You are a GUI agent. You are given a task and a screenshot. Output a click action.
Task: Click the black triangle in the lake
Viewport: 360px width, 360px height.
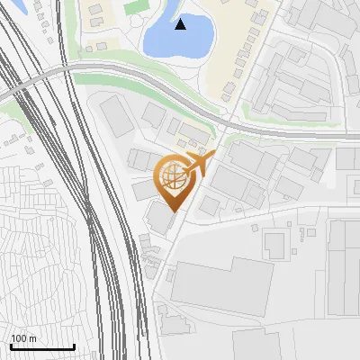coord(181,24)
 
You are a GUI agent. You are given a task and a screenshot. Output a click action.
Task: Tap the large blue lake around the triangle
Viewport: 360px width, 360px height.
coord(166,38)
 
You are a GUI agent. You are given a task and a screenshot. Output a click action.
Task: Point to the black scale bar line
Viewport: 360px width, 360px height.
coord(42,347)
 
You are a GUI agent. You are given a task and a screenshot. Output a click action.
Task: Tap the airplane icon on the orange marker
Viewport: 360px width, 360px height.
coord(198,165)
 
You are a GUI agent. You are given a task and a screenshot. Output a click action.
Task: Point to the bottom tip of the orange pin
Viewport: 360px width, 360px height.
coord(171,211)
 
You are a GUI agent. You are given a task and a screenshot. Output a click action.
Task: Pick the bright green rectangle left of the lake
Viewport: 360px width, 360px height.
coord(136,6)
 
